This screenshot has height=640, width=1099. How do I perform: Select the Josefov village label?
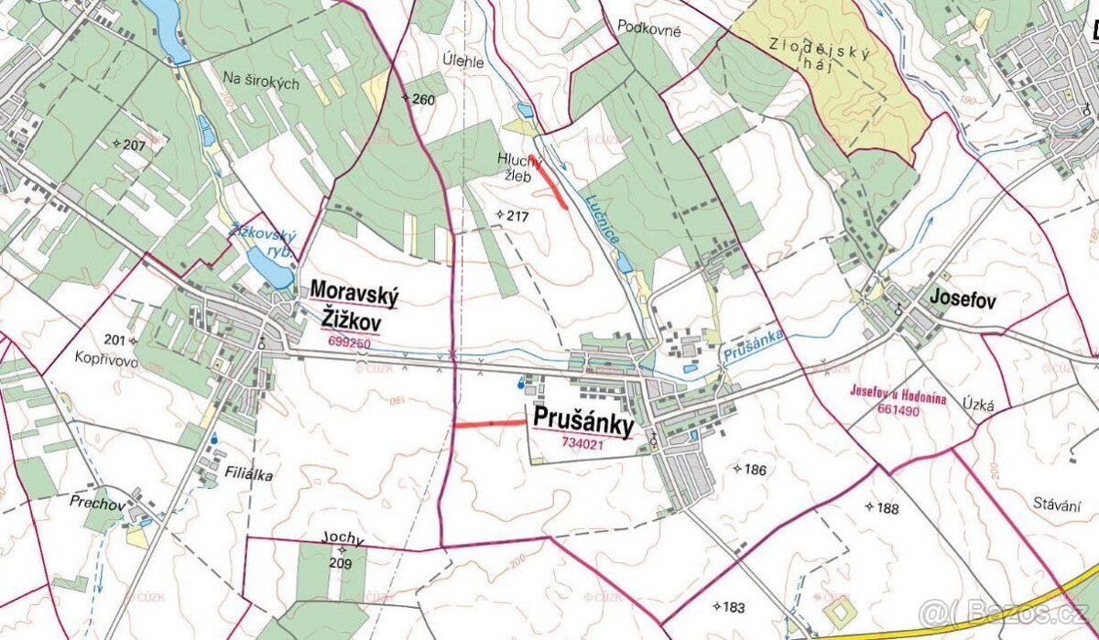click(x=962, y=299)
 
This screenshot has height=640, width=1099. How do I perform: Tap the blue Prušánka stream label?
click(x=754, y=349)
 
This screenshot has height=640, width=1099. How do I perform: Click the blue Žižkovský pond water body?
click(x=267, y=267)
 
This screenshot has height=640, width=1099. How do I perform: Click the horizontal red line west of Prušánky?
click(x=489, y=424)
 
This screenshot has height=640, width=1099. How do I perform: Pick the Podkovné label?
click(x=649, y=29)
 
